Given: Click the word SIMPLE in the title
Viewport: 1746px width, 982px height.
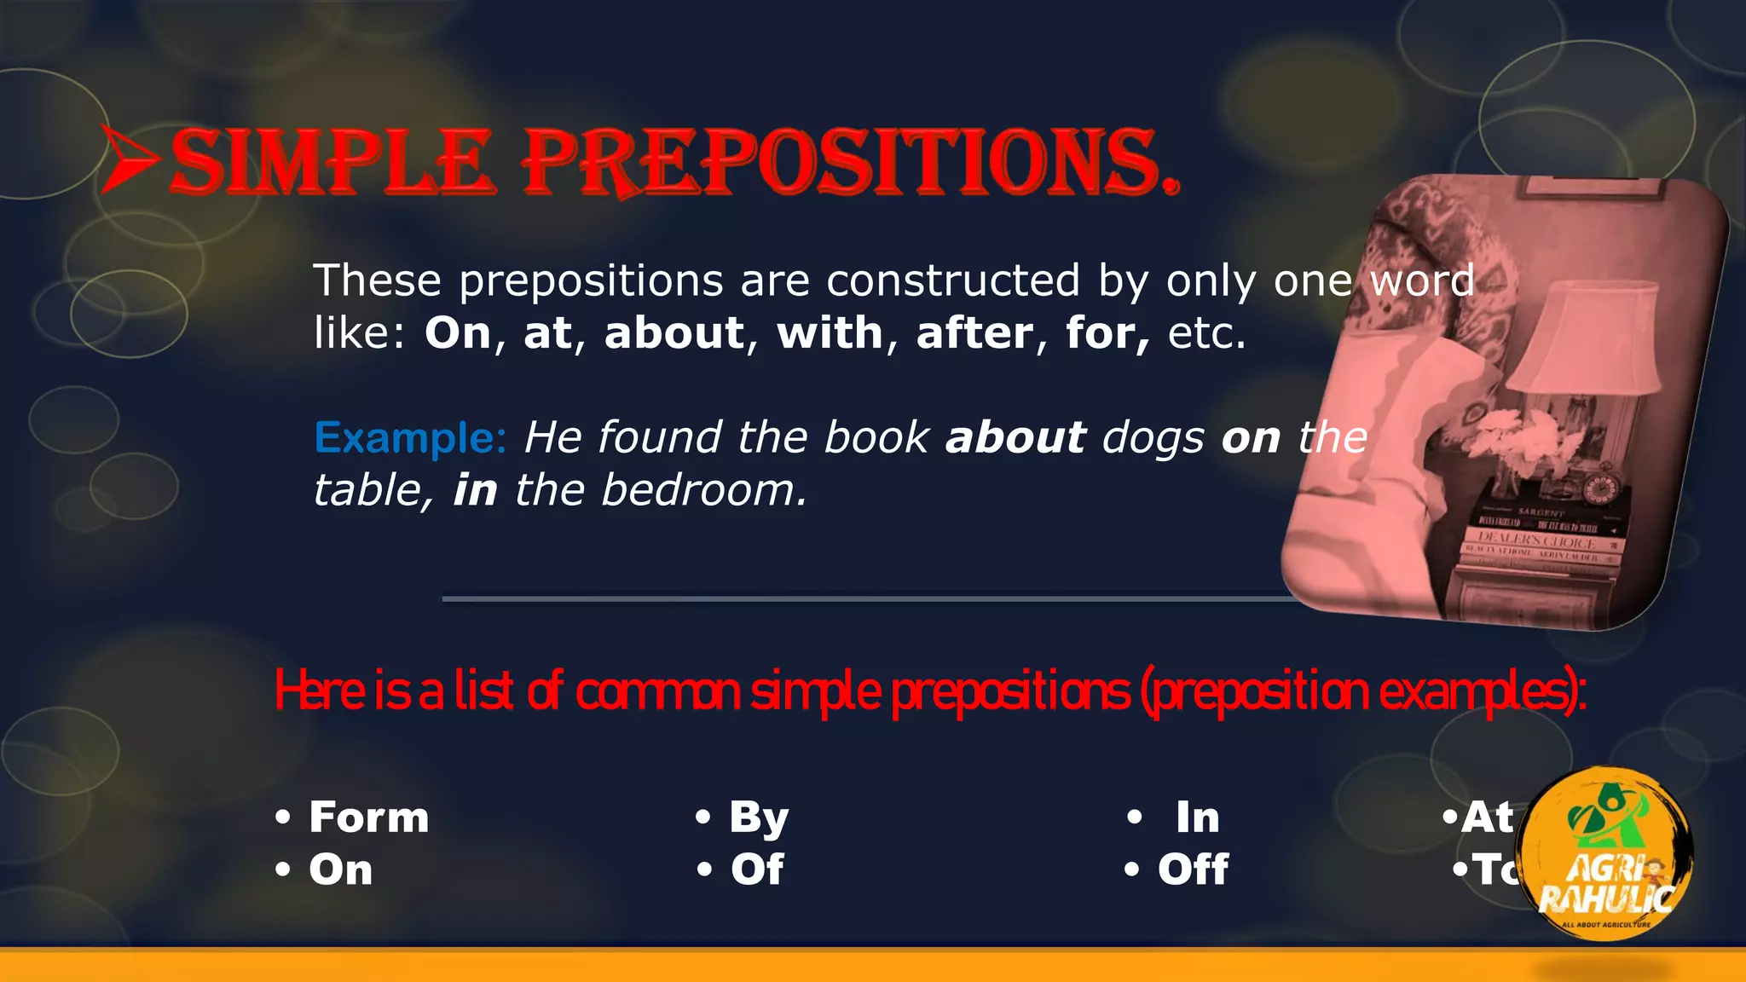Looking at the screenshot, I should coord(332,162).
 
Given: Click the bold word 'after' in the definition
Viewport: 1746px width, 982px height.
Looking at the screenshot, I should coord(974,332).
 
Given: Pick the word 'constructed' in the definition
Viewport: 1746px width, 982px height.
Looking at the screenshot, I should coord(953,280).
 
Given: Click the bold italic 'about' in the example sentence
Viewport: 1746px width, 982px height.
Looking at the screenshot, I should coord(1015,438).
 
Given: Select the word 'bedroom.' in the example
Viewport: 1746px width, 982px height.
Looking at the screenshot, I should coord(704,490).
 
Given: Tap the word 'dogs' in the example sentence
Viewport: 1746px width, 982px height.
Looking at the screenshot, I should coord(1153,438).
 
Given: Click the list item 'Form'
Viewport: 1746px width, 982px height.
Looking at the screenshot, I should coord(368,817).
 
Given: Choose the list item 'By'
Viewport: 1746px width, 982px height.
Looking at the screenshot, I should coord(759,817).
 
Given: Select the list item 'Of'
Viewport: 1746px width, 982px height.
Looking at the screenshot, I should coord(757,869).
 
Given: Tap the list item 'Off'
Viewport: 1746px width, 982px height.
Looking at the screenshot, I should coord(1193,869).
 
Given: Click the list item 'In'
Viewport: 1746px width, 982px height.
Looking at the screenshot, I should coord(1198,817).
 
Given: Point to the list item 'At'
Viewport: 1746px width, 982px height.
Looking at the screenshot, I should coord(1487,817).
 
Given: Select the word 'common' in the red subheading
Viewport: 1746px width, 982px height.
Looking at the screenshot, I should coord(657,691).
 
